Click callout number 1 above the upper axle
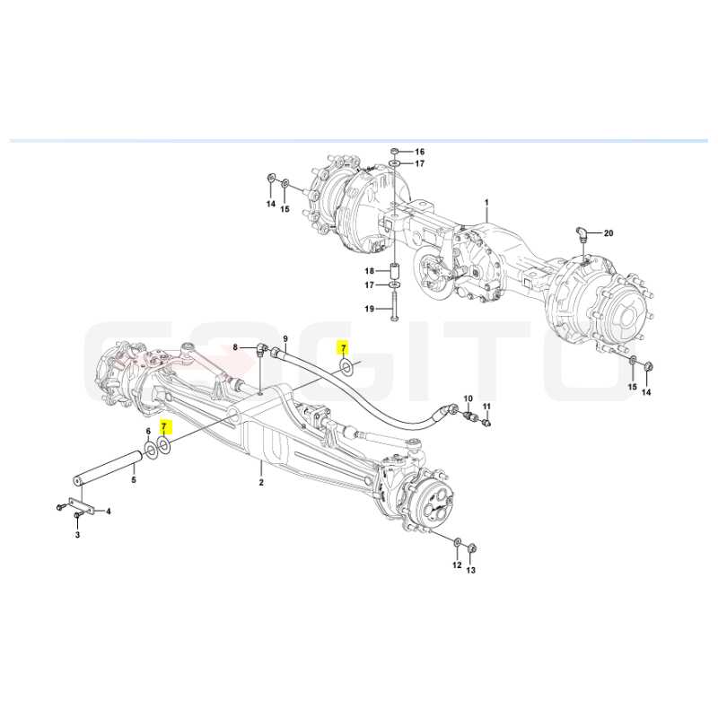(486, 203)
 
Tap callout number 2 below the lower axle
(261, 482)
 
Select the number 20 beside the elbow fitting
(609, 233)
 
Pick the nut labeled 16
(394, 151)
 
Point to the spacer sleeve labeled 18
(394, 271)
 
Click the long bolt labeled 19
(394, 307)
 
